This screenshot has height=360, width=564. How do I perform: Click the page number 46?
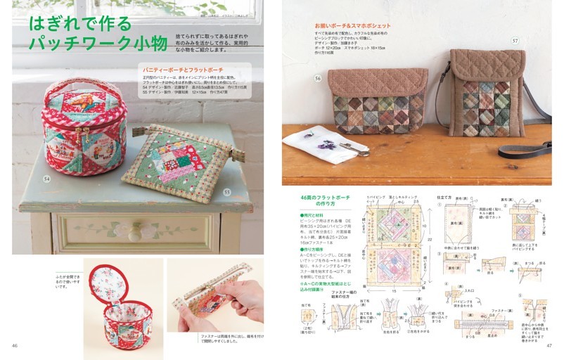(x=14, y=345)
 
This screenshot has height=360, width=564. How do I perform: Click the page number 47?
(x=549, y=345)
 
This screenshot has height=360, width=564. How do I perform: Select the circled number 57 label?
(x=515, y=41)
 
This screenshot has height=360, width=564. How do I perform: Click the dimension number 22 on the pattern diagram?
(x=428, y=241)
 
